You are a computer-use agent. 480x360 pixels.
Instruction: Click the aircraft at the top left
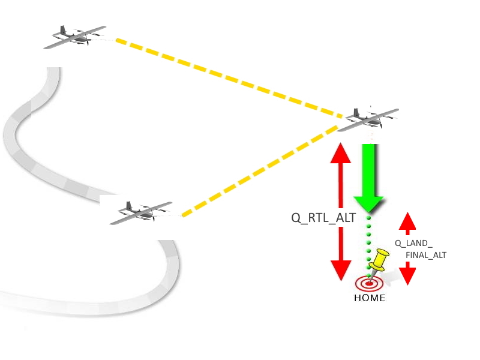(x=75, y=37)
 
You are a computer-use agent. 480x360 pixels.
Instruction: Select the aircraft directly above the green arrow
(x=368, y=119)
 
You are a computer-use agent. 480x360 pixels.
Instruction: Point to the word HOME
(x=370, y=298)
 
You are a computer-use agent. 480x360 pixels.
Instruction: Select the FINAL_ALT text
(x=426, y=255)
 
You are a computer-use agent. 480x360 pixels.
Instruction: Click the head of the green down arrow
(x=368, y=203)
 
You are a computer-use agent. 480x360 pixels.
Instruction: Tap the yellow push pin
(x=379, y=260)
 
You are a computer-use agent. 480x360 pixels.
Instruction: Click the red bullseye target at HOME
(x=367, y=283)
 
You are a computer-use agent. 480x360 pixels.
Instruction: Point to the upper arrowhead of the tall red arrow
(x=341, y=154)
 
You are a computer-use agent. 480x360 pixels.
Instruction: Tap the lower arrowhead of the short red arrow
(x=407, y=275)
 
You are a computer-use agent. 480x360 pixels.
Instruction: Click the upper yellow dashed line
(x=228, y=77)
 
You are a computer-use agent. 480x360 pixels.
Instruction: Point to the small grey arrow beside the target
(x=393, y=277)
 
